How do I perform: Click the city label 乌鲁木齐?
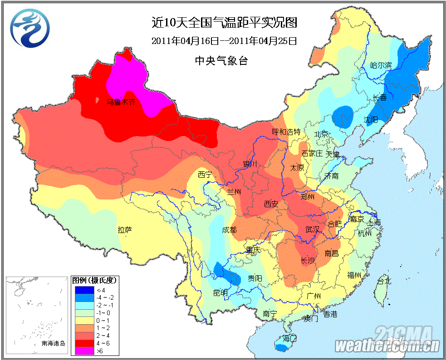[x=121, y=102]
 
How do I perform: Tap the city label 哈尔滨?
[x=381, y=65]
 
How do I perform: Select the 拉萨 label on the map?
[x=125, y=230]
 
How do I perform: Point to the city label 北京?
[x=321, y=134]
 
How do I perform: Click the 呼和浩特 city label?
[x=286, y=131]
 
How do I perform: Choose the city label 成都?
[x=229, y=230]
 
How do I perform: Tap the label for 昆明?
[x=220, y=292]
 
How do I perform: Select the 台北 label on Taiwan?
[x=384, y=281]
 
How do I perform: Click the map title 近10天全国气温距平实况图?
[x=224, y=22]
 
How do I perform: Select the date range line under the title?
[x=224, y=41]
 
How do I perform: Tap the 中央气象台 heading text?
[x=221, y=60]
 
